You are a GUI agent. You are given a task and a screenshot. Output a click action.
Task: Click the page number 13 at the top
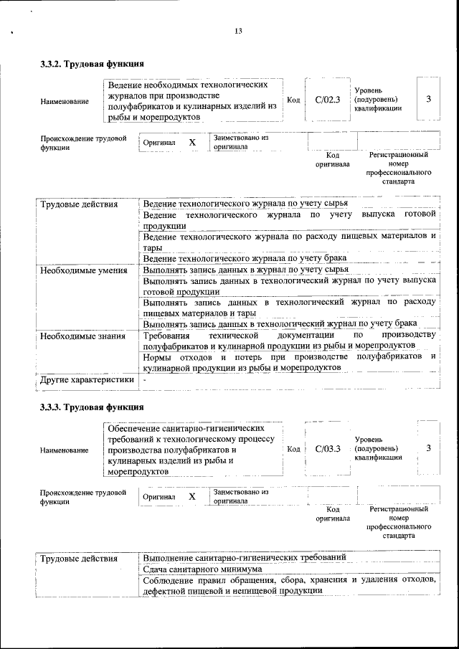pyautogui.click(x=238, y=30)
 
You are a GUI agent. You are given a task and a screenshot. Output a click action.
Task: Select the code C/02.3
pyautogui.click(x=327, y=100)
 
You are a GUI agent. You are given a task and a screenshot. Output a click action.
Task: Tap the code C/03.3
pyautogui.click(x=327, y=448)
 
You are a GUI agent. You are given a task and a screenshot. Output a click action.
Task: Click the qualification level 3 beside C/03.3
pyautogui.click(x=428, y=447)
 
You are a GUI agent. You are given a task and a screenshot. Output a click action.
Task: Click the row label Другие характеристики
pyautogui.click(x=87, y=379)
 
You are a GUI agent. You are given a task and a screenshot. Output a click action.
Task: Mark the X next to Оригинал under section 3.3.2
pyautogui.click(x=192, y=142)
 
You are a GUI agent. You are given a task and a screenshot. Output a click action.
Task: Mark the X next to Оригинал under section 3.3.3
pyautogui.click(x=192, y=496)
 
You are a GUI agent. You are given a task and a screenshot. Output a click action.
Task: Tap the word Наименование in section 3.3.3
pyautogui.click(x=65, y=450)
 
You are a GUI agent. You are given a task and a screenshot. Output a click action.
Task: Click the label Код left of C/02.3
pyautogui.click(x=293, y=100)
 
